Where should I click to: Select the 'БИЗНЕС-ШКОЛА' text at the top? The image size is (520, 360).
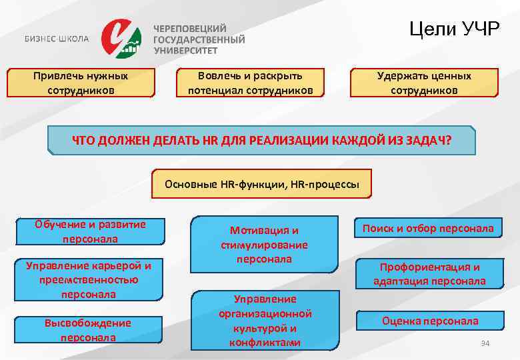(x=57, y=39)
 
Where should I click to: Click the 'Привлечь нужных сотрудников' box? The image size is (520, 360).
(x=81, y=83)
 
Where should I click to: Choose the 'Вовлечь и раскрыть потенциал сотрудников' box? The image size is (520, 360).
(x=250, y=83)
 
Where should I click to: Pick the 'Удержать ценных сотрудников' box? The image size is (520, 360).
(x=424, y=83)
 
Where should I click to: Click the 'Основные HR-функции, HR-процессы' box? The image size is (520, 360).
(x=262, y=183)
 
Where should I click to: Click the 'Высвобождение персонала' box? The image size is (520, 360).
(x=88, y=330)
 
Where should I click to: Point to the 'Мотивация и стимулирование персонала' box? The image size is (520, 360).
(x=265, y=244)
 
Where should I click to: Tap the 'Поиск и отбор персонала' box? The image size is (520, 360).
(x=428, y=229)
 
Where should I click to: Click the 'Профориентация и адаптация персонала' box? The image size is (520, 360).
(x=429, y=273)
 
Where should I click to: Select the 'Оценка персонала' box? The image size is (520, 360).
(x=429, y=321)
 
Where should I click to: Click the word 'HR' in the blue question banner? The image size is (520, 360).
(x=198, y=141)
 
